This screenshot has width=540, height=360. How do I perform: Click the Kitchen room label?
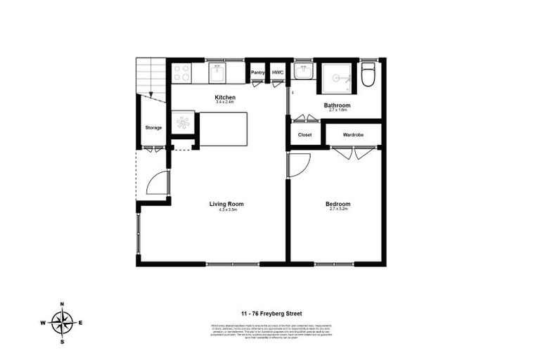(225, 97)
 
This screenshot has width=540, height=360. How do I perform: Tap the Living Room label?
(226, 204)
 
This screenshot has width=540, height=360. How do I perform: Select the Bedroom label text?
(337, 204)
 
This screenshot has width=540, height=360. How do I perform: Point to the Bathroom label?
(337, 105)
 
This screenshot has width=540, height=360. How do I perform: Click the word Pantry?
(257, 72)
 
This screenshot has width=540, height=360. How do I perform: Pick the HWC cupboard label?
(278, 72)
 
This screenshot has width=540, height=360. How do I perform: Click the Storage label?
(153, 127)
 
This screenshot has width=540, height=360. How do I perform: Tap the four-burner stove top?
(181, 72)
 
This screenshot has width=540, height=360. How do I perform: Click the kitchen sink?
(217, 72)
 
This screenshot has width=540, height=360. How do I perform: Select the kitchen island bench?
(224, 129)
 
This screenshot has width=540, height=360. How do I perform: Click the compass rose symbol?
(63, 323)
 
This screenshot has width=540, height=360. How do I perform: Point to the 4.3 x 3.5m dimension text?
(226, 210)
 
